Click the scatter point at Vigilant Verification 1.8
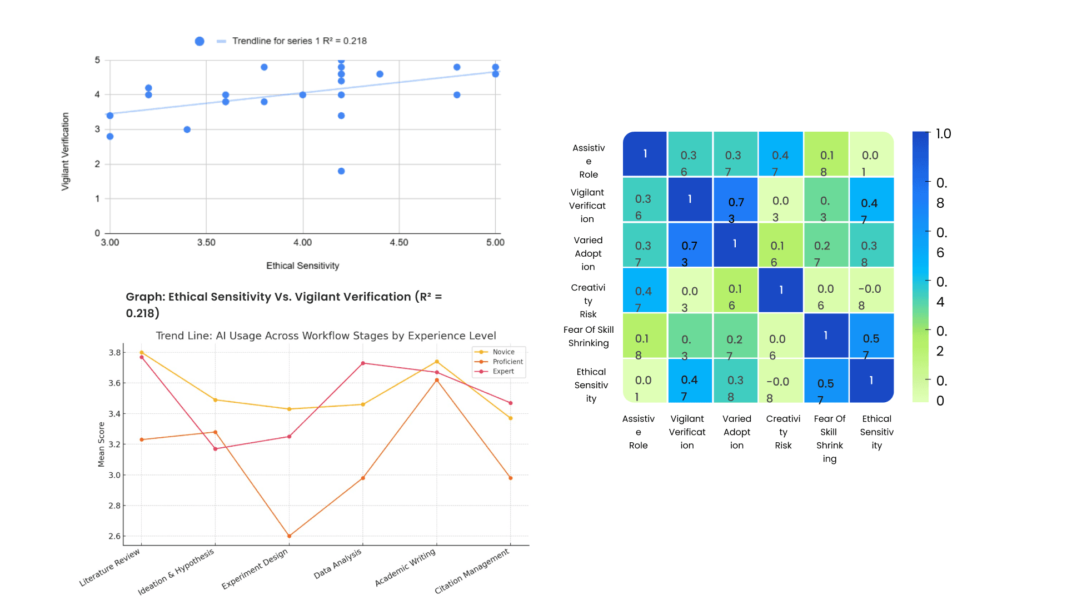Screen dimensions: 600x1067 click(341, 171)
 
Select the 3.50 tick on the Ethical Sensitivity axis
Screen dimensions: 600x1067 click(206, 242)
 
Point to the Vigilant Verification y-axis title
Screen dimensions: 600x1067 click(66, 152)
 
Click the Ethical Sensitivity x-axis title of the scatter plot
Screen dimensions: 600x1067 click(302, 266)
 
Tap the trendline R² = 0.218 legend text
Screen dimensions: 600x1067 click(299, 41)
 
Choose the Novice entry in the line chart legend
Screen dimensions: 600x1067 click(503, 352)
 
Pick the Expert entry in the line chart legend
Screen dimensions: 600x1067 click(503, 372)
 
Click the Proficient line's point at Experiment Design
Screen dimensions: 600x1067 click(289, 536)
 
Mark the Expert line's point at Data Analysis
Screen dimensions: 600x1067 click(363, 363)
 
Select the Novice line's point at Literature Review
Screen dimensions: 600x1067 click(142, 352)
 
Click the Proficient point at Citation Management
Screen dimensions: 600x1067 click(511, 478)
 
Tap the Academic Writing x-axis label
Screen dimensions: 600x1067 click(405, 568)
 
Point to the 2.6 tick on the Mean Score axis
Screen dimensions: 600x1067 click(114, 536)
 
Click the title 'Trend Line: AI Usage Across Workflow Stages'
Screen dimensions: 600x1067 click(326, 336)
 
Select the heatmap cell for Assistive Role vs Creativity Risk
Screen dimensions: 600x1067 click(780, 154)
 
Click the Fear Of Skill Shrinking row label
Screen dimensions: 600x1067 click(589, 336)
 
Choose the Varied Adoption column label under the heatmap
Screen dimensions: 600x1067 click(737, 432)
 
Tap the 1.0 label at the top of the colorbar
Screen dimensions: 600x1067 click(943, 134)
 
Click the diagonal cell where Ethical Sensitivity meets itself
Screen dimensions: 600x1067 click(871, 381)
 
